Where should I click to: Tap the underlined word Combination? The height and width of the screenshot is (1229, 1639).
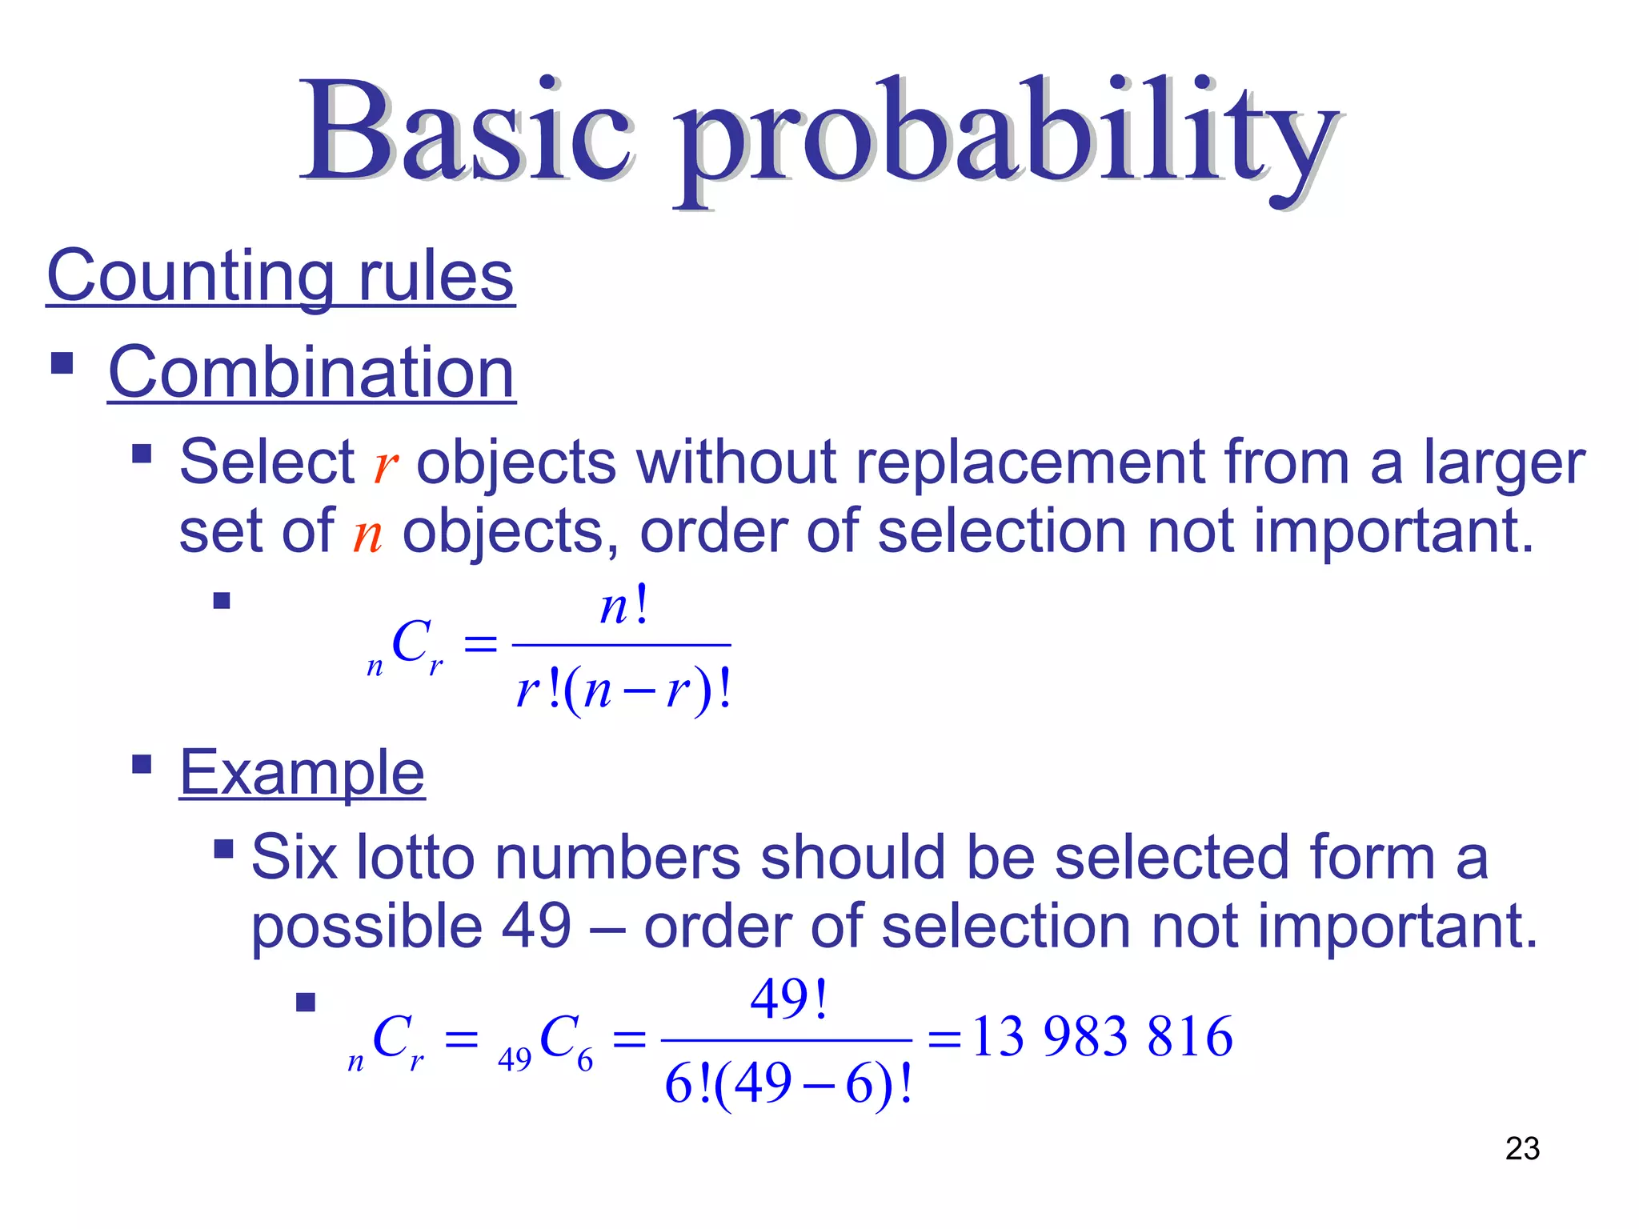311,373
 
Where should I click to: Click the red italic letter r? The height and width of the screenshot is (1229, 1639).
385,465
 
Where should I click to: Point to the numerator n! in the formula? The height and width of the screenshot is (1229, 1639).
623,606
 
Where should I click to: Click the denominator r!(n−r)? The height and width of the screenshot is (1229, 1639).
623,690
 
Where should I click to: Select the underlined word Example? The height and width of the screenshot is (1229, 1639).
302,773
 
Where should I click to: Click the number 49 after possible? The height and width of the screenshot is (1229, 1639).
536,927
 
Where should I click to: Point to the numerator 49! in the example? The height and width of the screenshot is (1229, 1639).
787,999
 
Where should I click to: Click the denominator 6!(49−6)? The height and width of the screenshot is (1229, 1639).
787,1085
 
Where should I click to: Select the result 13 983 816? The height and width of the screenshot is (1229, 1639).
1101,1037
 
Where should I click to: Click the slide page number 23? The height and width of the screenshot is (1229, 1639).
1521,1149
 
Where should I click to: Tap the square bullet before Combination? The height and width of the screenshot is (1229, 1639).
62,364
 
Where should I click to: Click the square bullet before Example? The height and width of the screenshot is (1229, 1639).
142,764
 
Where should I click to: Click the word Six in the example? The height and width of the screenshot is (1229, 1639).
294,858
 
